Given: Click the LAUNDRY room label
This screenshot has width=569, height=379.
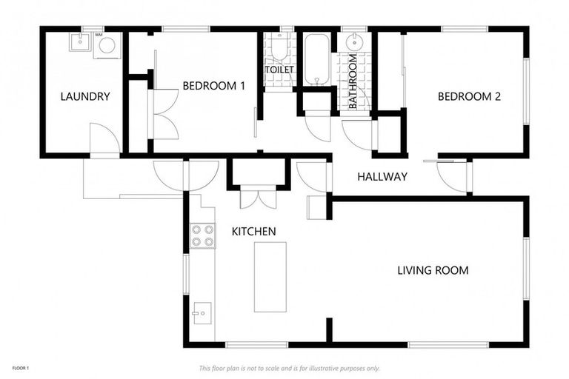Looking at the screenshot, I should point(85,96).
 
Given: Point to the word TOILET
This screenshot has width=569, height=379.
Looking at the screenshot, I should point(279,70).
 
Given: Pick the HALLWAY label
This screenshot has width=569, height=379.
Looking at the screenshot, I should point(382,177).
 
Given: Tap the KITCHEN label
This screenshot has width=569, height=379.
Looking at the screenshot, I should point(254,232).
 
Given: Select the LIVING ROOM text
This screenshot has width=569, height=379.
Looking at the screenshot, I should point(433,270).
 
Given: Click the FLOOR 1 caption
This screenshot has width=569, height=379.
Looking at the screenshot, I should point(20,368).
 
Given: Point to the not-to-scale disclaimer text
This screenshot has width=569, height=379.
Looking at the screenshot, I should point(290,368).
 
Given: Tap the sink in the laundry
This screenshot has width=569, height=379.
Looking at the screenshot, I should point(79,42).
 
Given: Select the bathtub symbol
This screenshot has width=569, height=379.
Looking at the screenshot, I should point(316,58).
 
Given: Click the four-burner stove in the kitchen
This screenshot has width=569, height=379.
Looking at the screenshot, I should point(203,235).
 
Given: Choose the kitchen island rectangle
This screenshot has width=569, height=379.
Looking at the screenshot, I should point(270,277).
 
